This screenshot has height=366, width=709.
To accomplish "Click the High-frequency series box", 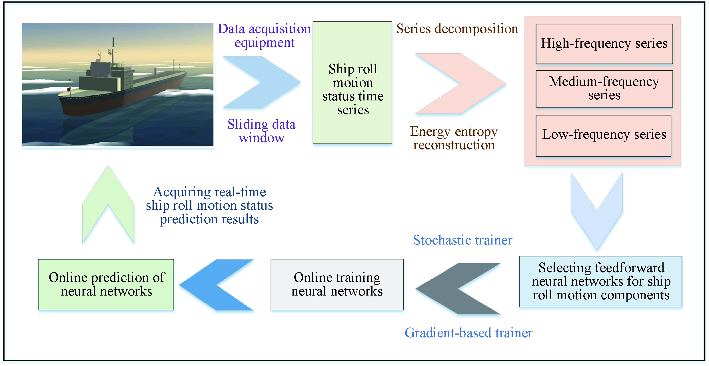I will point(604,44).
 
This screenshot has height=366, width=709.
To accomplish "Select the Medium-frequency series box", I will point(604,89).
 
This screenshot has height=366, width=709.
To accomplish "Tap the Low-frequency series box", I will point(603,136).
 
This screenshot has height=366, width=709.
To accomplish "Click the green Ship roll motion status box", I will point(352,82).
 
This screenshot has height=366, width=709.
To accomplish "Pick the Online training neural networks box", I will point(337,284).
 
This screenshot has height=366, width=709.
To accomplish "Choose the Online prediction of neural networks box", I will point(106,284).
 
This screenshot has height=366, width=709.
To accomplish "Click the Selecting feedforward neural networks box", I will point(600,282).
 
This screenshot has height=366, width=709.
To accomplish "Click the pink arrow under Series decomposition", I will point(468,84).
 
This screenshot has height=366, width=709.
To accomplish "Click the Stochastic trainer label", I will point(462,240).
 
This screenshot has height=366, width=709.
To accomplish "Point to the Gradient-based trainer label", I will point(468,333).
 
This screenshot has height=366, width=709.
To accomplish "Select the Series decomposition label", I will point(457,29).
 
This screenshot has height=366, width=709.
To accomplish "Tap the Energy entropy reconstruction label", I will point(454,138).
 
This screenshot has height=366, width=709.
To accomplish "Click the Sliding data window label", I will point(261,131).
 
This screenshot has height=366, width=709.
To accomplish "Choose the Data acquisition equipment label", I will point(264,36).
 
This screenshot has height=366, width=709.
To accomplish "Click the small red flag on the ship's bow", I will point(69,90).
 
